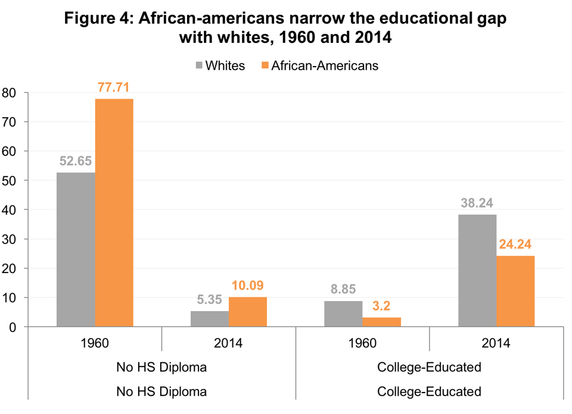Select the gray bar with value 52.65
coord(76,249)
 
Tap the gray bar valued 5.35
coord(210,319)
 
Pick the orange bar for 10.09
coord(248,312)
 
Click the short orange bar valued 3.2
coord(381,322)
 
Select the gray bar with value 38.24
coord(477,270)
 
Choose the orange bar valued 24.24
coord(515,291)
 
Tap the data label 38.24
coord(477,203)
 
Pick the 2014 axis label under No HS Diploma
coord(229,343)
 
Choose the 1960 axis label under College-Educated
coord(362,343)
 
